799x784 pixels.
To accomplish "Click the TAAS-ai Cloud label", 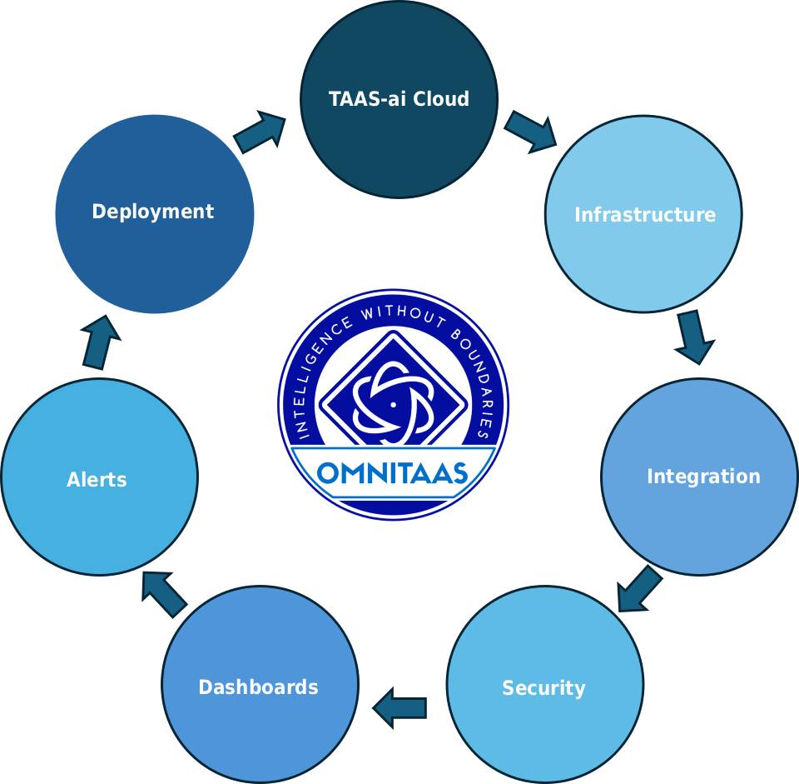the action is (x=399, y=99).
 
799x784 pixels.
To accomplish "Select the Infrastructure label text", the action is (x=645, y=215).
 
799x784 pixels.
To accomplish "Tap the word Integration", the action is (x=704, y=477).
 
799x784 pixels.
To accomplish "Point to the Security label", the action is (x=543, y=689).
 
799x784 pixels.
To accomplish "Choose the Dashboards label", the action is (x=258, y=687).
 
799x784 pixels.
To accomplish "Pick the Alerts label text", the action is (x=97, y=479).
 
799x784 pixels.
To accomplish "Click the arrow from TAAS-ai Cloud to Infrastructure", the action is (x=530, y=132).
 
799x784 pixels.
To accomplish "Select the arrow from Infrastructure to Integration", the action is (x=694, y=337).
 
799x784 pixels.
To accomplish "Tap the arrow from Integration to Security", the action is (x=639, y=588).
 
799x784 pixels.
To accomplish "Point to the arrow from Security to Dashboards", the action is (x=399, y=708).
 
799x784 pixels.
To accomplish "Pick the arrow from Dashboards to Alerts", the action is (x=164, y=594).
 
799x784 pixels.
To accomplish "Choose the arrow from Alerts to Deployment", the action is (x=101, y=342).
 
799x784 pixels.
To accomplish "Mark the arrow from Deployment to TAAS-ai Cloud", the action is (x=260, y=132).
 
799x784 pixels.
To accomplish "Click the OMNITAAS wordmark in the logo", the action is (x=392, y=473).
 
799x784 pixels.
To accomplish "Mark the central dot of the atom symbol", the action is (x=393, y=405).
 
